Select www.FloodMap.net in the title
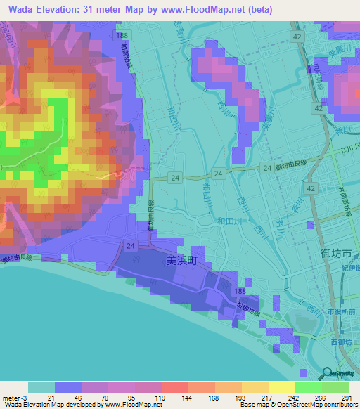[212, 11]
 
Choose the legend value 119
[160, 398]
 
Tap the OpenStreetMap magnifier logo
[328, 374]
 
